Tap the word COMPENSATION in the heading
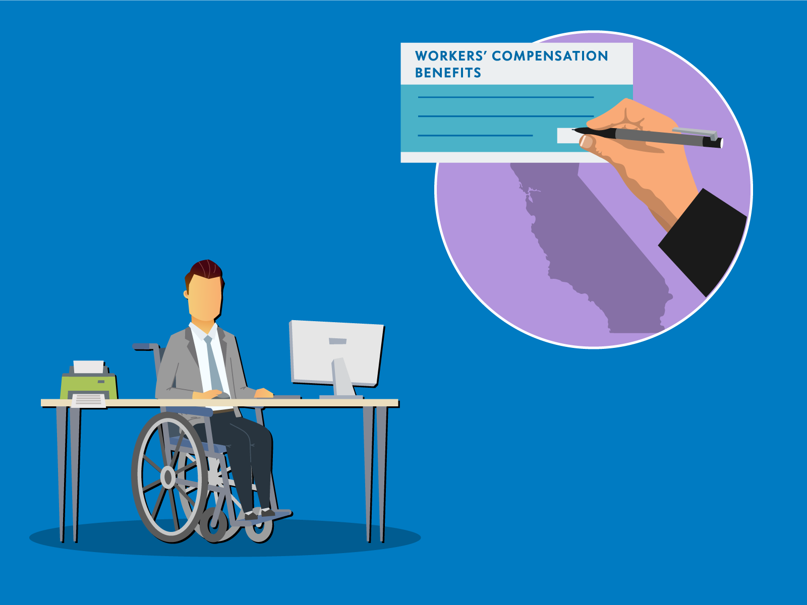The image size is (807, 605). (550, 56)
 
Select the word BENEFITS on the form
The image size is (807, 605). (448, 73)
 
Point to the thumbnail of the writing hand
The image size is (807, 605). (586, 142)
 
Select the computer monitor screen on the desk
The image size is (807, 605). (337, 352)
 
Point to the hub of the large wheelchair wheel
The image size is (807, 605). (168, 476)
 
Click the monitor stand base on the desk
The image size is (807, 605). (340, 397)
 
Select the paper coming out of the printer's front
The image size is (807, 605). (89, 400)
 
